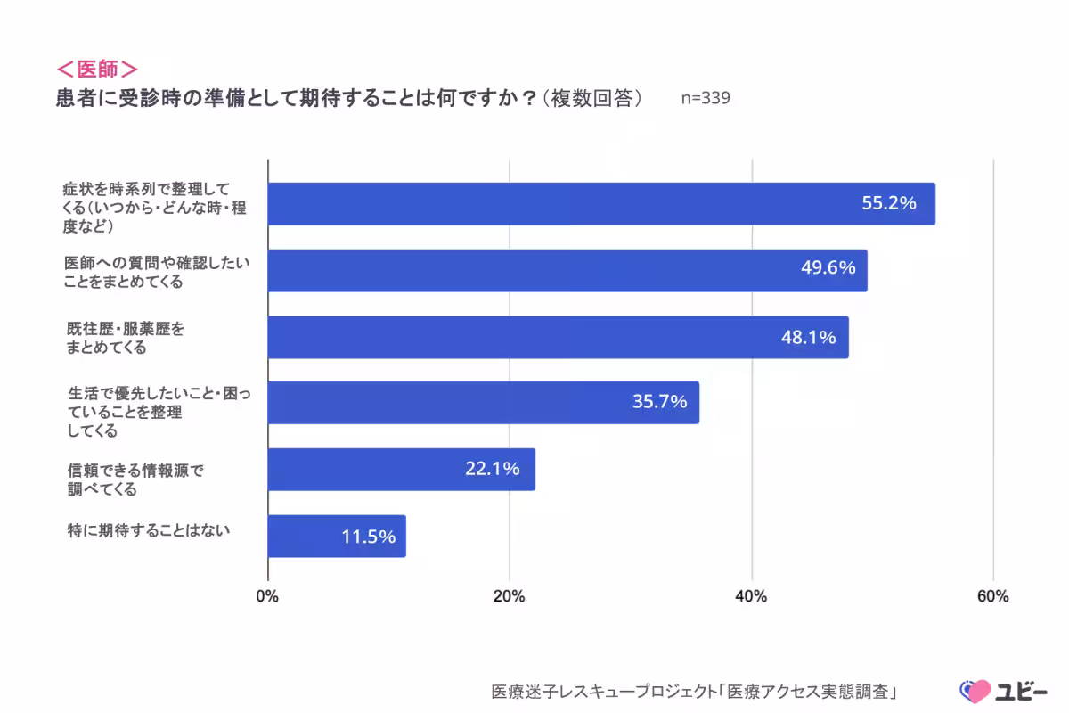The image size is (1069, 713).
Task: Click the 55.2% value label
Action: point(888,203)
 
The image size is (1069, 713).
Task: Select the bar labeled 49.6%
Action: point(567,270)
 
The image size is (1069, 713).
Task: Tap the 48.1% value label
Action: point(808,337)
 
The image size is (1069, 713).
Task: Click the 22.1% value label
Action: point(492,469)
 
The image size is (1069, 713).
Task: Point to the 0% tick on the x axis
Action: point(268,597)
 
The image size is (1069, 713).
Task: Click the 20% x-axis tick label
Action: point(510,597)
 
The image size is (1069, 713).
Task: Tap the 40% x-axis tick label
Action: point(752,597)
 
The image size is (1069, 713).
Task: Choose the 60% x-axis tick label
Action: point(992,597)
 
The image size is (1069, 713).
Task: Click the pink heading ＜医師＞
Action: point(97,70)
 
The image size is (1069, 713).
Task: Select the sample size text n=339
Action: point(706,99)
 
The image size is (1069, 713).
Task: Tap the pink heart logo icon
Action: point(974,691)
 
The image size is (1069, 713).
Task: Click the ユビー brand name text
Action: point(1020,691)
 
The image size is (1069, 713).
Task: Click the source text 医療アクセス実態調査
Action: point(811,692)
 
